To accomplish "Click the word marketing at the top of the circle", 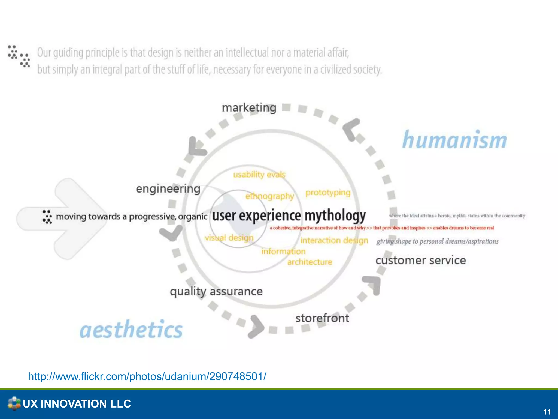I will [249, 108].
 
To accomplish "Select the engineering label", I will [168, 189].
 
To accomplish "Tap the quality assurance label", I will [216, 291].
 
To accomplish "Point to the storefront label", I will [322, 318].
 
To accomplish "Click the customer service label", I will [420, 260].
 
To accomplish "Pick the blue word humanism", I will [454, 140].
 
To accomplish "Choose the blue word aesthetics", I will [131, 330].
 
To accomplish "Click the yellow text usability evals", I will [259, 174].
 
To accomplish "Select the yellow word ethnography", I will [269, 196].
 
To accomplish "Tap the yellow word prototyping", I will [328, 193].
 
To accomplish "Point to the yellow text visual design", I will [229, 238].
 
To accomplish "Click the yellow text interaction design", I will [334, 240].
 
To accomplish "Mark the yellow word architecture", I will [310, 262].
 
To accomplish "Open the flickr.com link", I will [147, 376].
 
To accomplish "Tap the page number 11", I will [547, 412].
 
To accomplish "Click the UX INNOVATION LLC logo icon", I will [14, 403].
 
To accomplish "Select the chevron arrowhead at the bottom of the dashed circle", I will [256, 327].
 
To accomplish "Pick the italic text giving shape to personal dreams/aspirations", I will [437, 241].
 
